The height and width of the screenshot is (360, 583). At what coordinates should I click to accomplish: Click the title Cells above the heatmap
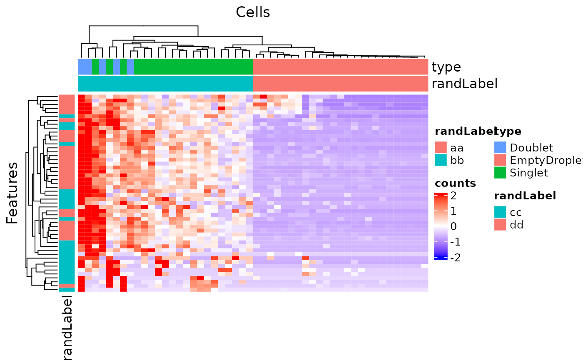253,12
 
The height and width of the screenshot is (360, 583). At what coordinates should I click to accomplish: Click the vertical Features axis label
12,193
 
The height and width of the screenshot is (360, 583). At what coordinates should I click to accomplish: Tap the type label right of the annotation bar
446,67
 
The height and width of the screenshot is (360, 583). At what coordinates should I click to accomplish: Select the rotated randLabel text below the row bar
67,327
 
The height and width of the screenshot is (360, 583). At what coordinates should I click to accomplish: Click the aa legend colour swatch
441,148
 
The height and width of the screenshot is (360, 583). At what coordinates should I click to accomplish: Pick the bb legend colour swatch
441,160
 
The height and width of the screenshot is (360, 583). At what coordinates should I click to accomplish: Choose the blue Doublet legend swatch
500,148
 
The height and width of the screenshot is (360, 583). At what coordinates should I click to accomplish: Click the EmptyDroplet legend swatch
500,160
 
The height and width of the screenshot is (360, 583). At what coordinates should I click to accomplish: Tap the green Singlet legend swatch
500,173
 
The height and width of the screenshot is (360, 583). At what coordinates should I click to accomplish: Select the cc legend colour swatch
500,212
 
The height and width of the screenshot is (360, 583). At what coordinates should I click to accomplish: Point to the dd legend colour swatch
500,225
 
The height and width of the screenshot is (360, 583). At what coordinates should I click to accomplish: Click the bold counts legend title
455,184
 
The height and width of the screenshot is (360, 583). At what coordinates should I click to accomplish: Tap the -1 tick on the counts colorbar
455,242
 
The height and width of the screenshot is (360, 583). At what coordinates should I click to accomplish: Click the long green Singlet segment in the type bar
193,67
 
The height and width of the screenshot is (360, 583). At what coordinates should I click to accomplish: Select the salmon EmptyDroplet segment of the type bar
340,67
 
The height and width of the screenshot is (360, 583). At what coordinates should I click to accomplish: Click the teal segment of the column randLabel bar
165,84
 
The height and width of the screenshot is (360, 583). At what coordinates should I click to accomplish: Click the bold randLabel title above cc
525,196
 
